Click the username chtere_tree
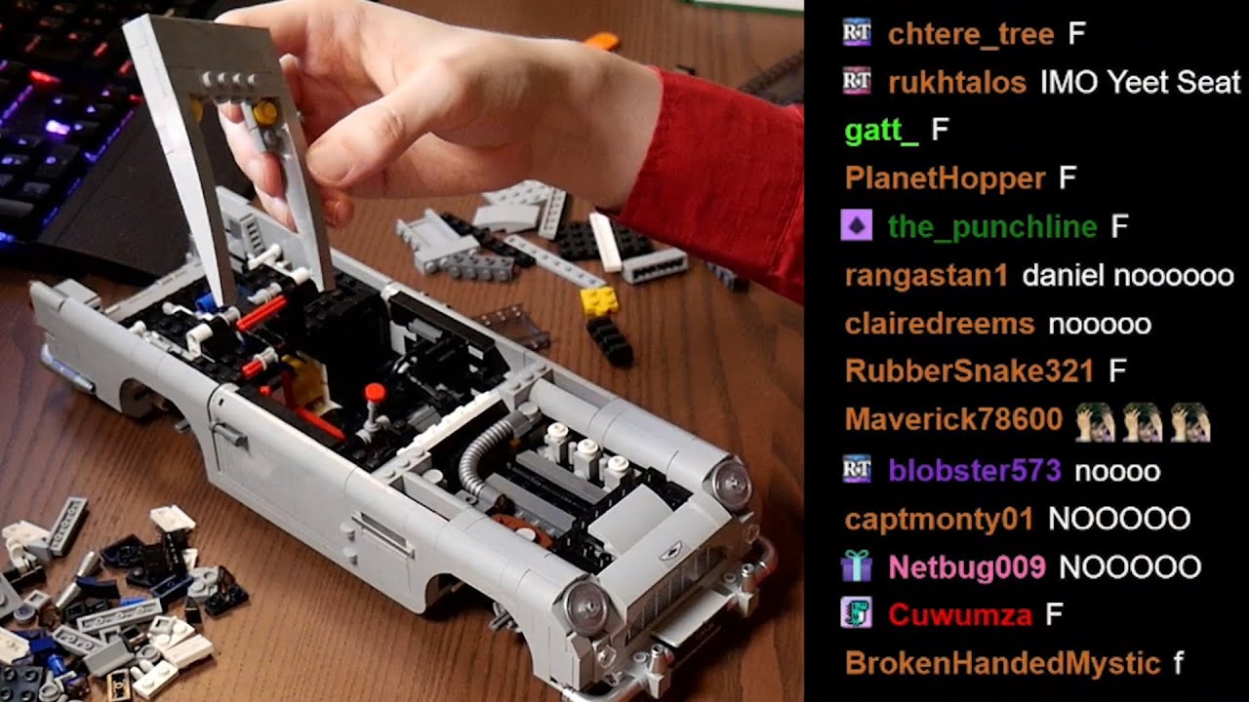pyautogui.click(x=971, y=34)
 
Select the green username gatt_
pyautogui.click(x=881, y=132)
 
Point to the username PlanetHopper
pyautogui.click(x=946, y=179)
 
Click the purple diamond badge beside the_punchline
pyautogui.click(x=857, y=225)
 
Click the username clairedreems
pyautogui.click(x=940, y=325)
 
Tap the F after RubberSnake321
pyautogui.click(x=1117, y=370)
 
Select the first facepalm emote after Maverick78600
pyautogui.click(x=1095, y=422)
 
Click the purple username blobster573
pyautogui.click(x=975, y=471)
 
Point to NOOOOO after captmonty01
pyautogui.click(x=1119, y=520)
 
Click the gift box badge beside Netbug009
pyautogui.click(x=857, y=566)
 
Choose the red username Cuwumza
pyautogui.click(x=960, y=615)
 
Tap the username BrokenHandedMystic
pyautogui.click(x=1002, y=664)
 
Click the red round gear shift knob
pyautogui.click(x=375, y=392)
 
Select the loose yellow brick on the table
pyautogui.click(x=599, y=301)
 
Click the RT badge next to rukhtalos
pyautogui.click(x=857, y=81)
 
